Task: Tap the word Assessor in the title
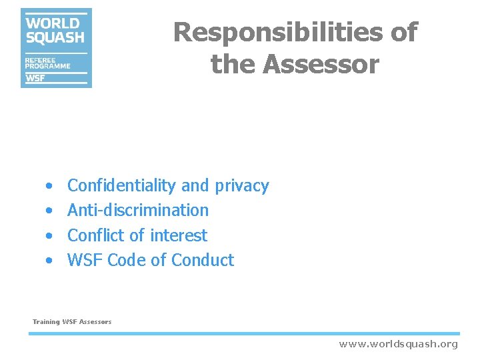(321, 65)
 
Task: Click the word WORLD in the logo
(53, 23)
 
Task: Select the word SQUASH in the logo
(55, 37)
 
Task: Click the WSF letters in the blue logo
(35, 78)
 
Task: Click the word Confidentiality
(122, 185)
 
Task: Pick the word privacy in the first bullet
(241, 186)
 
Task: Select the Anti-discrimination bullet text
(138, 210)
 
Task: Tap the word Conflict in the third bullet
(96, 235)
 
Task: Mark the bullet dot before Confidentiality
(49, 186)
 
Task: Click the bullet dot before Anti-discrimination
(49, 211)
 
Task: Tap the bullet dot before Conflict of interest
(49, 236)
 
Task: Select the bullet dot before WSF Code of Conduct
(49, 261)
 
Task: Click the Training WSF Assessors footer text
(72, 322)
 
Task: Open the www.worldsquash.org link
(398, 344)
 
